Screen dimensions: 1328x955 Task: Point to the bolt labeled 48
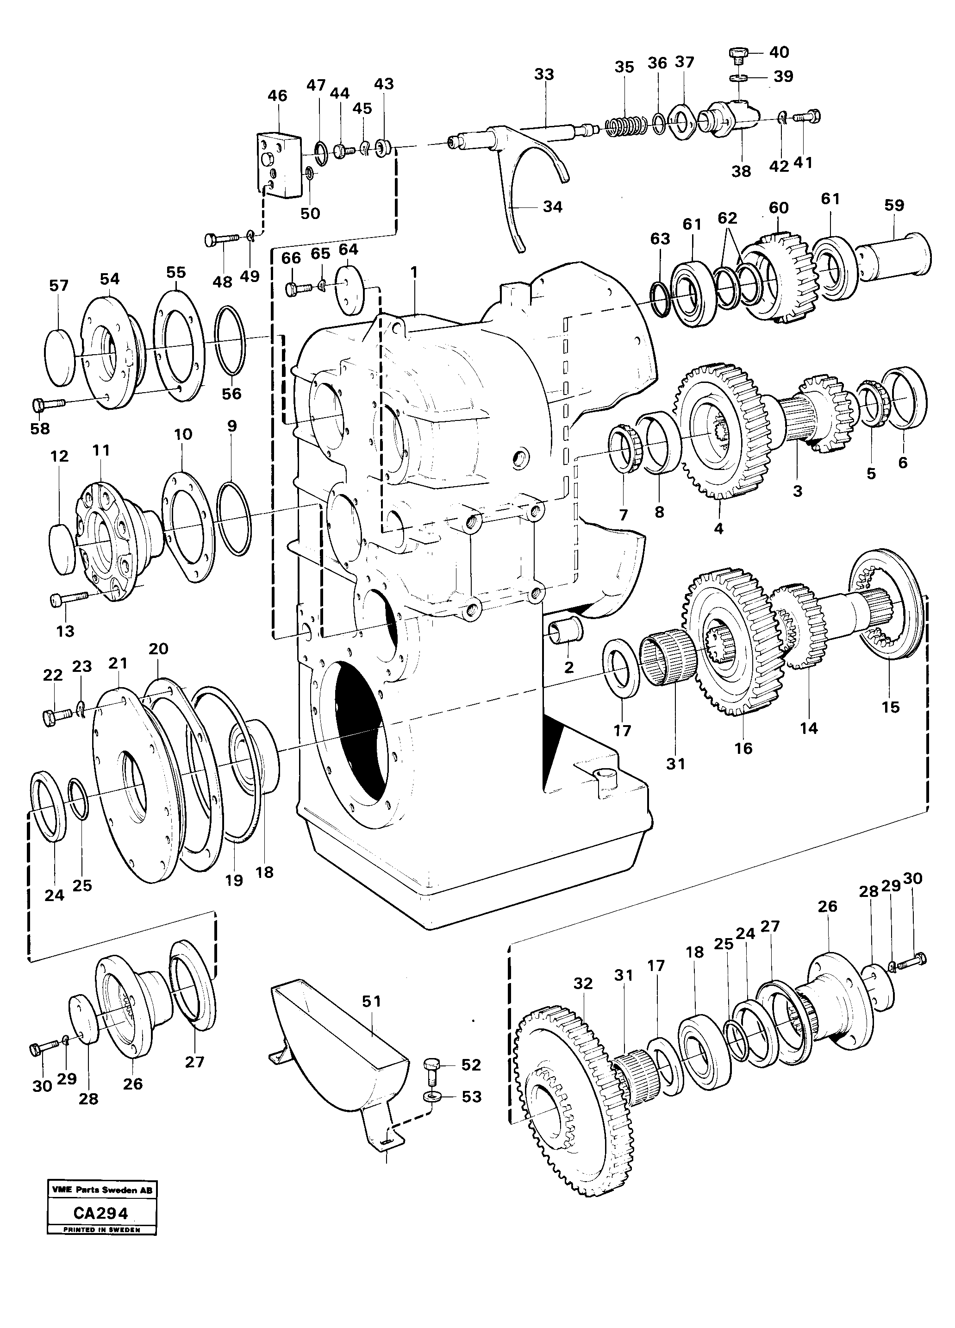(x=221, y=239)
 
